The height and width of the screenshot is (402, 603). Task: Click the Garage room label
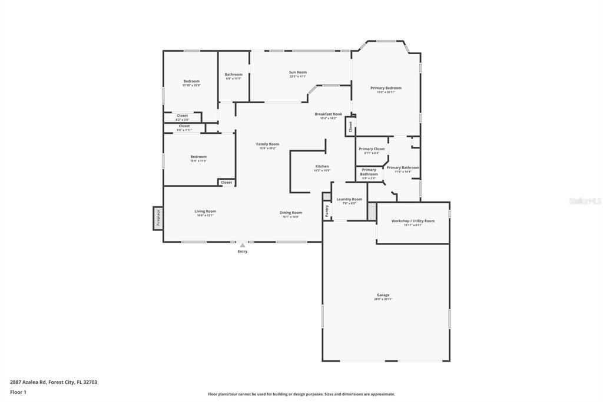(x=383, y=295)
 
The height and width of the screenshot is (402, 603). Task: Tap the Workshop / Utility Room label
(x=413, y=221)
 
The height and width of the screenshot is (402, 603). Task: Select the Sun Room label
(x=297, y=73)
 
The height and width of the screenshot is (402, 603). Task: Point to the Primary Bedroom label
(x=386, y=88)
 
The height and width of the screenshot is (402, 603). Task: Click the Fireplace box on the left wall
(x=158, y=218)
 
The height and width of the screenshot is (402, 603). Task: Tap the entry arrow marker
(x=242, y=245)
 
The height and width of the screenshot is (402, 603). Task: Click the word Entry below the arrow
(x=243, y=252)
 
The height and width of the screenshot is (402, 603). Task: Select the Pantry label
(x=327, y=210)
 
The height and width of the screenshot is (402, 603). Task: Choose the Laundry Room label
(x=349, y=199)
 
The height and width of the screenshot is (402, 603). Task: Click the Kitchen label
(x=322, y=166)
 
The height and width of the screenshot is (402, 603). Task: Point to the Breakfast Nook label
(x=328, y=114)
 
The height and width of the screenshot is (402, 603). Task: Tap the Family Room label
(x=267, y=144)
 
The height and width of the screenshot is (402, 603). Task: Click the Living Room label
(x=205, y=211)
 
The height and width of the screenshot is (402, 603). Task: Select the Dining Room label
(x=291, y=212)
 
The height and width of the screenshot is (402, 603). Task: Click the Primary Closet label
(x=372, y=149)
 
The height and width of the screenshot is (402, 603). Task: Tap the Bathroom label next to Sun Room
(x=233, y=74)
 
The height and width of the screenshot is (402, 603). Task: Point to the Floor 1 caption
(x=18, y=391)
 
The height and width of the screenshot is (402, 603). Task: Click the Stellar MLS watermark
(x=585, y=201)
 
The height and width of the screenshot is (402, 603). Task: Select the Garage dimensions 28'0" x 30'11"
(x=383, y=299)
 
